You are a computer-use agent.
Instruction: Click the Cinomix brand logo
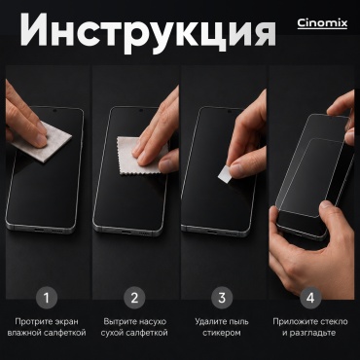point(322,23)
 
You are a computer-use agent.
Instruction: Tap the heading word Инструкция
point(148,30)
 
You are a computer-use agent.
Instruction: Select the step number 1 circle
point(47,298)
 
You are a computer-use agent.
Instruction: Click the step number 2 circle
point(134,298)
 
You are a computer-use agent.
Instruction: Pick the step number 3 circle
point(222,298)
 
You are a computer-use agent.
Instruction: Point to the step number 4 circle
point(310,298)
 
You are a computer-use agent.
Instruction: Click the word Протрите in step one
point(30,322)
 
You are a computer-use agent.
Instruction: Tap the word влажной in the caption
point(24,333)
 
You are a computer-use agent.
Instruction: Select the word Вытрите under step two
point(120,322)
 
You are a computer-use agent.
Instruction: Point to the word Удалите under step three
point(210,322)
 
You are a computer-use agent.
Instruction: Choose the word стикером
point(222,333)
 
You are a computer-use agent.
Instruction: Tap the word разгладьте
point(307,333)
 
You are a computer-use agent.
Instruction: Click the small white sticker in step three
point(224,173)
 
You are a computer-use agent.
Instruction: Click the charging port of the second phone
point(126,233)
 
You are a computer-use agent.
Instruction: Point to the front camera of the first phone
point(54,111)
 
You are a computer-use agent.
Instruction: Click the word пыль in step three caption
point(238,322)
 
